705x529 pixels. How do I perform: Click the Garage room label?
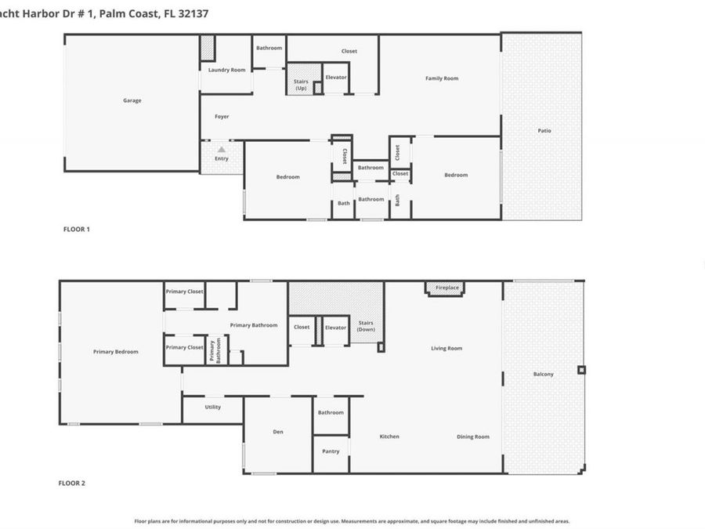132,100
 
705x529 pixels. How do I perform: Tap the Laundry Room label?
226,70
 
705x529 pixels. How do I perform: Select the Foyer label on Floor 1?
222,117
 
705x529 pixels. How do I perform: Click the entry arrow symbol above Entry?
222,149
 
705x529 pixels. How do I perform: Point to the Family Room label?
441,78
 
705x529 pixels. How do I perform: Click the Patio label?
544,131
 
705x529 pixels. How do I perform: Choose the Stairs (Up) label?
301,85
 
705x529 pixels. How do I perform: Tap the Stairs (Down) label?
366,326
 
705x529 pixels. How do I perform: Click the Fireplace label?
447,288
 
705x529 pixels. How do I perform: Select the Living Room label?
446,348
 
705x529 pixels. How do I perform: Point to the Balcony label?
543,374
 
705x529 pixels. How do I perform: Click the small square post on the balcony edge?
580,370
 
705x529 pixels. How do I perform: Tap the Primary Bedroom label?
115,352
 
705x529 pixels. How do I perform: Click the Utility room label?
212,407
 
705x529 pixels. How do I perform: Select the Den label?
277,430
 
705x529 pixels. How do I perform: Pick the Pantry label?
331,451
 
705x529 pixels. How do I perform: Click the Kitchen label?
389,437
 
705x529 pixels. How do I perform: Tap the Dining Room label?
473,437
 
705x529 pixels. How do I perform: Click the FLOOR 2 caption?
71,484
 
